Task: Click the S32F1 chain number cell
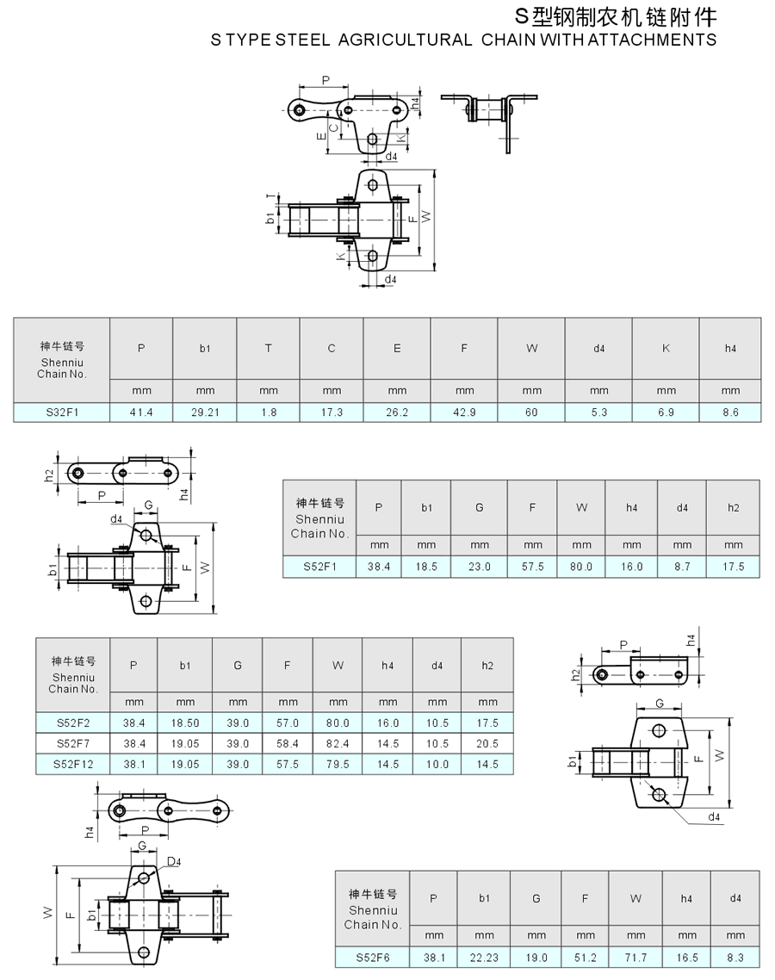pyautogui.click(x=62, y=412)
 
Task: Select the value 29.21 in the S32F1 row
pyautogui.click(x=205, y=412)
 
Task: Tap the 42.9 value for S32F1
pyautogui.click(x=464, y=412)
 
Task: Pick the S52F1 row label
pyautogui.click(x=319, y=567)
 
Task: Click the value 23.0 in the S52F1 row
pyautogui.click(x=480, y=567)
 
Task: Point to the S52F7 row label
pyautogui.click(x=73, y=744)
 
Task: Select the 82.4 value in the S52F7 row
pyautogui.click(x=338, y=744)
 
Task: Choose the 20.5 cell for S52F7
pyautogui.click(x=487, y=744)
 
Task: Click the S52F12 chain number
pyautogui.click(x=73, y=765)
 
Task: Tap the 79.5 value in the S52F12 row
pyautogui.click(x=338, y=765)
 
